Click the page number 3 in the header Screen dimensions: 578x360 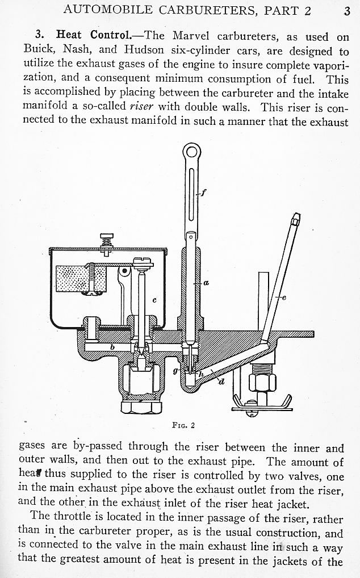coord(347,10)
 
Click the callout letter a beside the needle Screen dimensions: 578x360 coord(206,282)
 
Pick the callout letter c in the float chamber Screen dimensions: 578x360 coord(154,299)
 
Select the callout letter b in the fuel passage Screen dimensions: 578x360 coord(113,346)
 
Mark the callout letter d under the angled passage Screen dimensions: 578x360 coord(222,382)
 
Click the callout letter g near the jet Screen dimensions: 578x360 coord(175,370)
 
